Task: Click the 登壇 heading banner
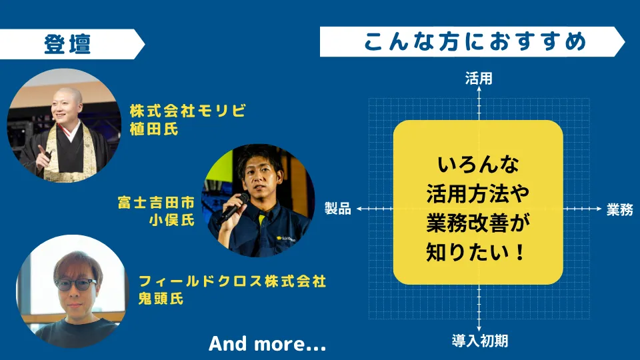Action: (x=71, y=44)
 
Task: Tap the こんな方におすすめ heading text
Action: (x=475, y=41)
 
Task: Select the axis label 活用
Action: (x=479, y=78)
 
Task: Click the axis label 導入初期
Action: (x=479, y=341)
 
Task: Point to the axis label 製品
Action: (x=338, y=208)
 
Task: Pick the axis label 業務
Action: (x=619, y=209)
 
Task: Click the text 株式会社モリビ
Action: (x=188, y=111)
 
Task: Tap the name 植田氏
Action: (x=154, y=129)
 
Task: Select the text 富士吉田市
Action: (x=156, y=202)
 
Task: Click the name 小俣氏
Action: (x=171, y=220)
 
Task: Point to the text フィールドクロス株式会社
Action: (x=232, y=281)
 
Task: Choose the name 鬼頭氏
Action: (x=161, y=299)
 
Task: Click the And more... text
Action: (x=267, y=344)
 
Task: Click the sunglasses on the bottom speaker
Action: (x=75, y=285)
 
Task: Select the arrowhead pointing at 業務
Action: (x=599, y=209)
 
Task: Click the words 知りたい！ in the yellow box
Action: (x=476, y=252)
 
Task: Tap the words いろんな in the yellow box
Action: (x=478, y=165)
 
